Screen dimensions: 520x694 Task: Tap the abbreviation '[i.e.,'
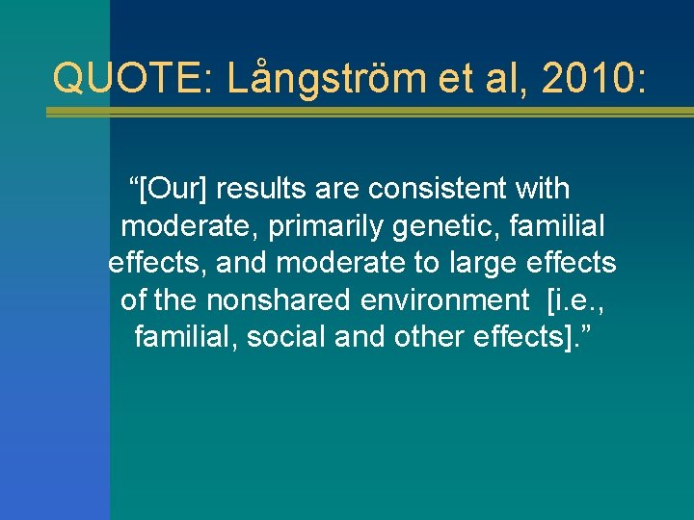576,300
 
